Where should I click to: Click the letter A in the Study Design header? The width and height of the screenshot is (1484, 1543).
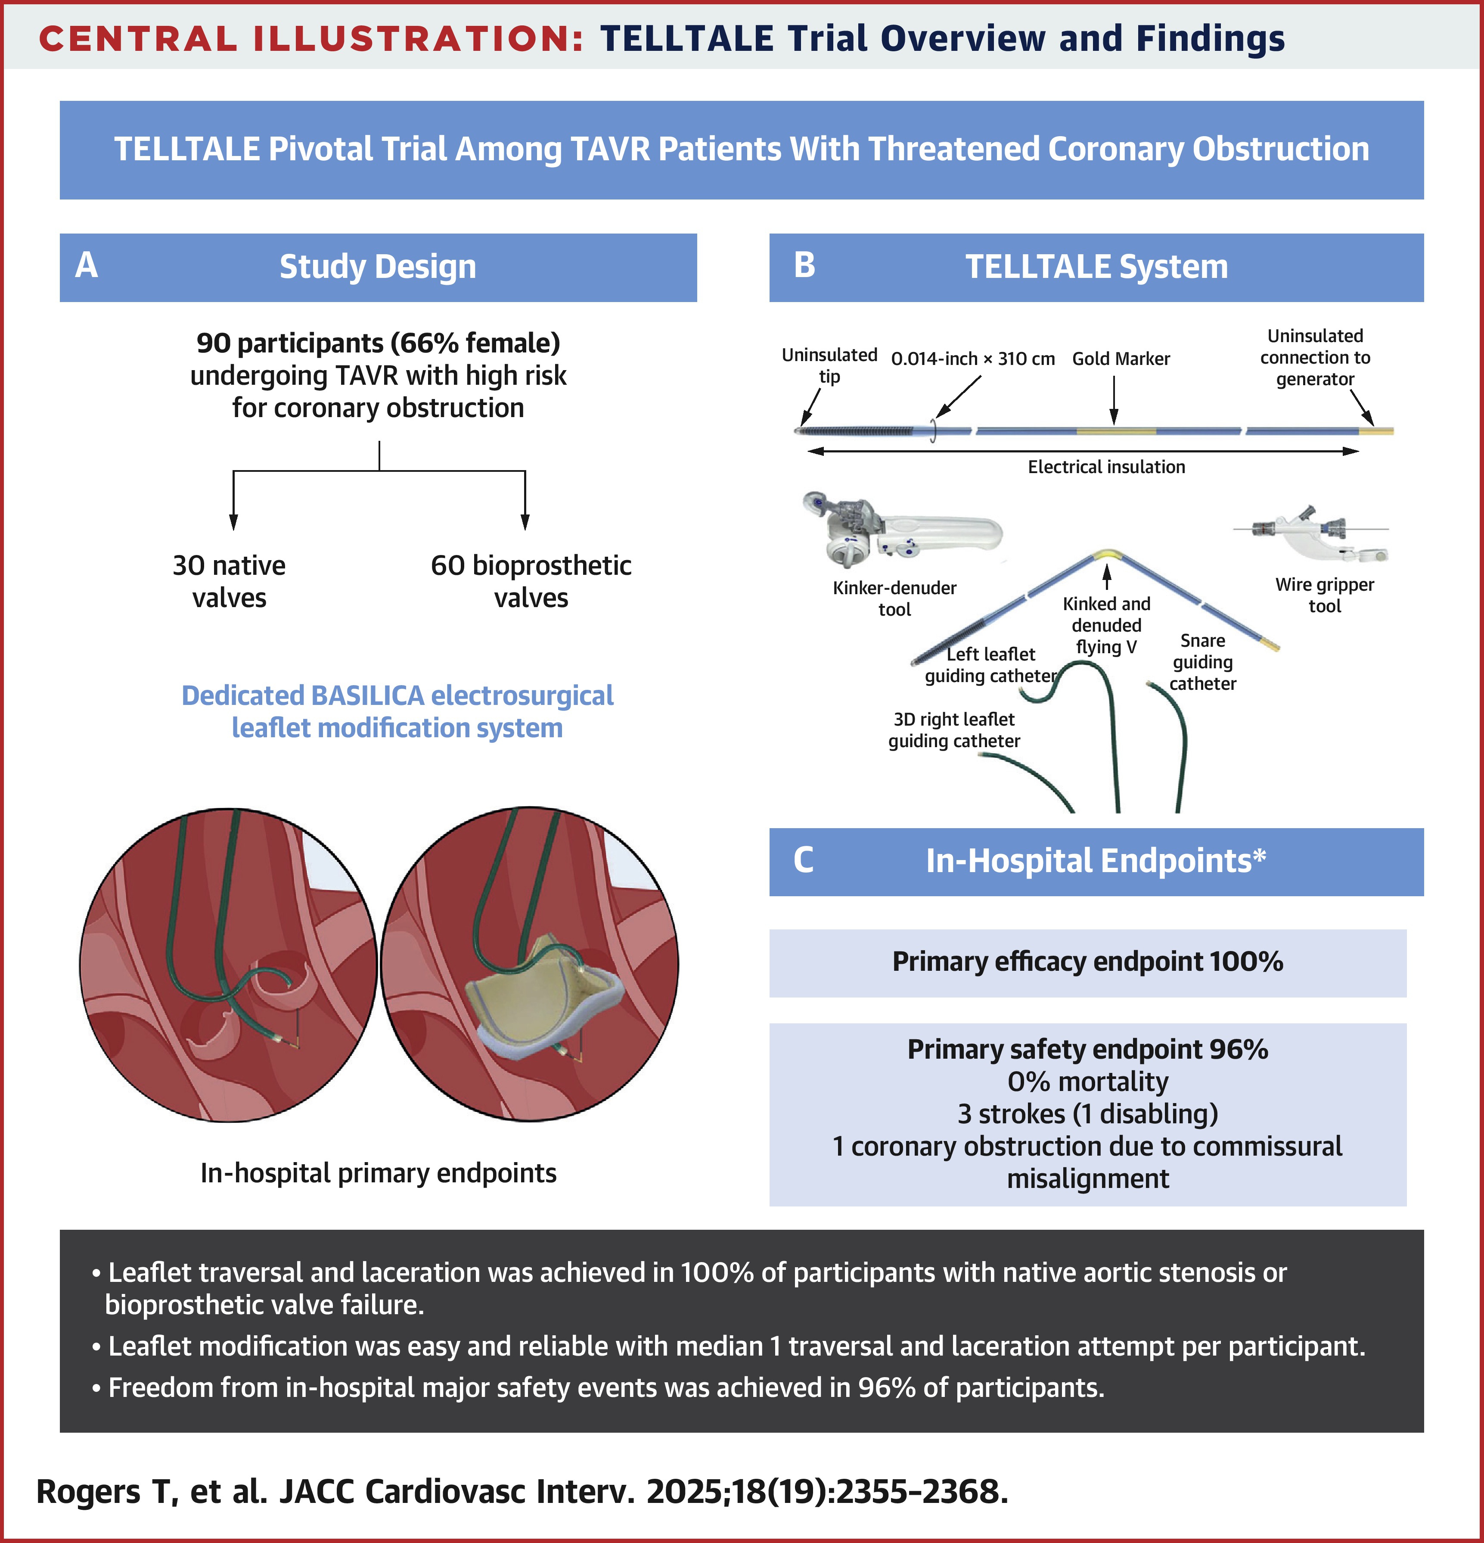click(x=87, y=265)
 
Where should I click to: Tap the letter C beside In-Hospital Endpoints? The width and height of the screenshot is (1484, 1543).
click(x=804, y=860)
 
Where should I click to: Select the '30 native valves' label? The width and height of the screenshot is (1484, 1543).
click(x=229, y=581)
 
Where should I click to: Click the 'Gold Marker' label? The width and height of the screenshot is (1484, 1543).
click(x=1121, y=359)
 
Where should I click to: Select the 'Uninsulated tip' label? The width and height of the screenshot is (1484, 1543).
click(x=829, y=365)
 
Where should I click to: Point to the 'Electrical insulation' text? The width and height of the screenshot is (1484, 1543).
click(x=1105, y=467)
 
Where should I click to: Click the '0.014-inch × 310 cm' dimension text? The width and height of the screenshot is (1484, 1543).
click(x=972, y=359)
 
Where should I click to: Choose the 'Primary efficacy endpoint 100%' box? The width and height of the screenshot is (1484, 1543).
click(x=1087, y=962)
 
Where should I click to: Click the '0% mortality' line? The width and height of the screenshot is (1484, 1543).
click(x=1087, y=1082)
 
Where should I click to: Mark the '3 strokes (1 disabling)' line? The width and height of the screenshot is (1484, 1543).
click(x=1087, y=1114)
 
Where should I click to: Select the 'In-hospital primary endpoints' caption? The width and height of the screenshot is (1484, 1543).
click(x=379, y=1173)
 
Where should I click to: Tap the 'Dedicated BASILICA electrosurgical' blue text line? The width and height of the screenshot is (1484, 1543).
click(x=397, y=696)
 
